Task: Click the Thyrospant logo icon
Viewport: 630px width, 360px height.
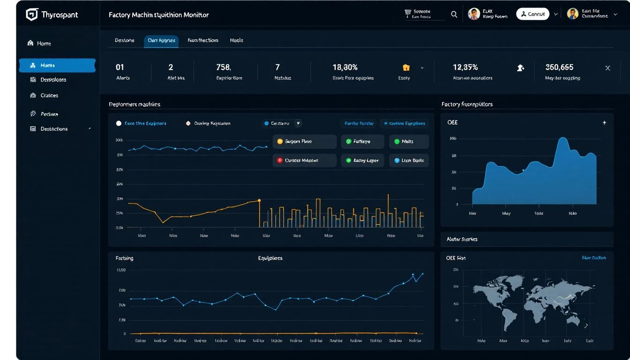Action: (31, 15)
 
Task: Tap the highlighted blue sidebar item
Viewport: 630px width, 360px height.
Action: (57, 66)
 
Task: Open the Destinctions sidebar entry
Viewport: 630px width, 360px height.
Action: (53, 129)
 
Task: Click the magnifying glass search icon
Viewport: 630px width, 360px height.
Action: (454, 15)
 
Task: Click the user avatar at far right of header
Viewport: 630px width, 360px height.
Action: (572, 14)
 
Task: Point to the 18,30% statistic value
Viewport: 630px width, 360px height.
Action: (345, 67)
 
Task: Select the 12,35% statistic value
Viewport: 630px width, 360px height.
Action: (465, 67)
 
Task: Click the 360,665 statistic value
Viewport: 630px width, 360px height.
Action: (559, 67)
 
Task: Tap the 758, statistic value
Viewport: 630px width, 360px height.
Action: (224, 67)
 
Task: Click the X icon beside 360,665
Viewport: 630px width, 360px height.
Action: (607, 68)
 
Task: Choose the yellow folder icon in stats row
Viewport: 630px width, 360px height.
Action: (406, 67)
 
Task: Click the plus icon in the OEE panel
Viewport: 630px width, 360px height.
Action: (604, 123)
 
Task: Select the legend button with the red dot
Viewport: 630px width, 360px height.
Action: (304, 160)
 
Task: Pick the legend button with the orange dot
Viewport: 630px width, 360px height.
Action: (304, 141)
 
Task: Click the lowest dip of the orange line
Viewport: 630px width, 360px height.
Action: (163, 222)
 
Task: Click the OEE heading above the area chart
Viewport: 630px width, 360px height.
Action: (452, 122)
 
